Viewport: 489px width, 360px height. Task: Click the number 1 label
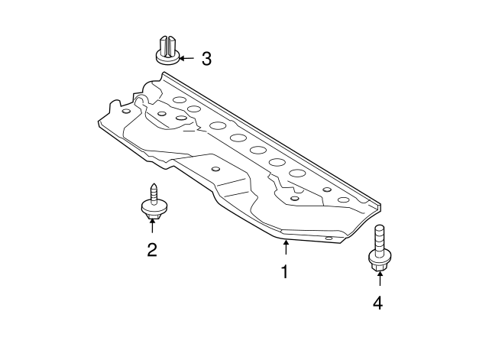click(x=284, y=271)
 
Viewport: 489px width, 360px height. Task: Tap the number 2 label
click(x=152, y=249)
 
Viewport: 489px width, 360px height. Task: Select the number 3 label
click(x=206, y=57)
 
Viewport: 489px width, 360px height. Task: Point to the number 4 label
click(x=377, y=303)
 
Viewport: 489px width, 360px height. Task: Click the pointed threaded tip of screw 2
click(x=152, y=186)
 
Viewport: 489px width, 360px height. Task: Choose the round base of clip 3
click(x=168, y=58)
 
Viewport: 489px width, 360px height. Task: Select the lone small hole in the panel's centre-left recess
click(x=215, y=169)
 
